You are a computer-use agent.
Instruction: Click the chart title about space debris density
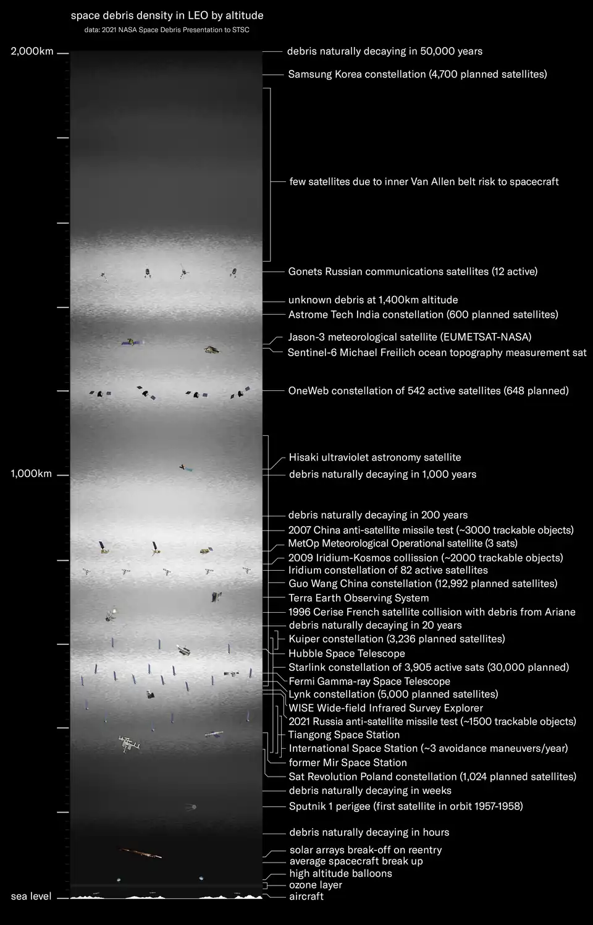coord(167,15)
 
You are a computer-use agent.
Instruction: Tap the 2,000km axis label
coord(32,51)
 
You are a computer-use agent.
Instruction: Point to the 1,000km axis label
coord(32,474)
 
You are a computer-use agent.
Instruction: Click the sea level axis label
coord(32,896)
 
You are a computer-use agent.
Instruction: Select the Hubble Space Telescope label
coord(347,654)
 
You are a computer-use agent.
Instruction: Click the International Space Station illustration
coord(130,744)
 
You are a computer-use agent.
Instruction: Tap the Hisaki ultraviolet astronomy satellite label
coord(375,458)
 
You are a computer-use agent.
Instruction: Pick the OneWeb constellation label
coord(428,391)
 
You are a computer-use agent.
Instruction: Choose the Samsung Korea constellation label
coord(418,74)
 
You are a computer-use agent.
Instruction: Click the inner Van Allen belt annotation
coord(424,182)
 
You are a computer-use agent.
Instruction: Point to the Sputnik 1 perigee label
coord(406,806)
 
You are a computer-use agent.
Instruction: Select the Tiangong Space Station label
coord(344,735)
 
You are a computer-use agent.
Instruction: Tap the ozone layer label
coord(316,885)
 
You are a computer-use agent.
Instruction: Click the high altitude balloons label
coord(340,874)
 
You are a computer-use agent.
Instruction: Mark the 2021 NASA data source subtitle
coord(167,30)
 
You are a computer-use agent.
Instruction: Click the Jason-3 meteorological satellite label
coord(410,337)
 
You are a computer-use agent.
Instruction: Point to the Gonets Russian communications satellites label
coord(413,271)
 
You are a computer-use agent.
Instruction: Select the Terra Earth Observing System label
coord(358,598)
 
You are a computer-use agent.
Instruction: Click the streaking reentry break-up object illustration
coord(141,853)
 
